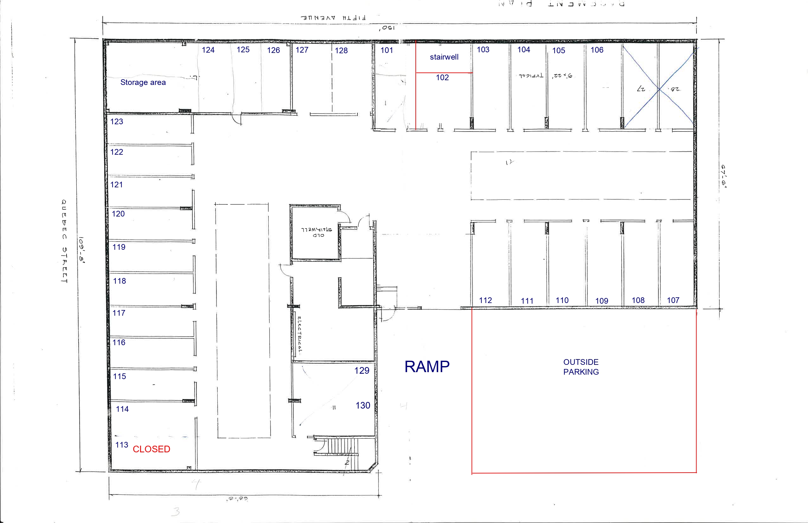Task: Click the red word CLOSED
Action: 151,449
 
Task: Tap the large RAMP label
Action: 427,367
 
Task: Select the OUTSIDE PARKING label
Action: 581,367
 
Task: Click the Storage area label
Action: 143,82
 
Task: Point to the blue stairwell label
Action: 444,57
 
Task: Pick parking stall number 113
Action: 122,445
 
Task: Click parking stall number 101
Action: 387,50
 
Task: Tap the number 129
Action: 362,371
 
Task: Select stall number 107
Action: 673,300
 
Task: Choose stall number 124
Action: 208,50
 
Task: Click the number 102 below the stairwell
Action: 442,77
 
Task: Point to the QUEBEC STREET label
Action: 64,241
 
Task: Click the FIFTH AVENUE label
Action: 333,18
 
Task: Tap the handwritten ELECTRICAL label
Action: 299,334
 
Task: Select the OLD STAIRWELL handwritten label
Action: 317,232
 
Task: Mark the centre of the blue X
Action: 659,89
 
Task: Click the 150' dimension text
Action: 387,28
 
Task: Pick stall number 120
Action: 118,214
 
